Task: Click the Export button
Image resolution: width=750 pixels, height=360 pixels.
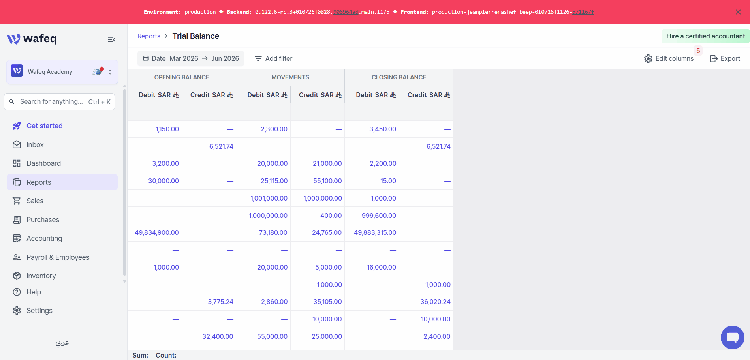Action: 725,58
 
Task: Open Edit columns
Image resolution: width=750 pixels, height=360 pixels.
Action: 669,58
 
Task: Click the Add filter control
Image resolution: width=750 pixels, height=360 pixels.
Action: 273,58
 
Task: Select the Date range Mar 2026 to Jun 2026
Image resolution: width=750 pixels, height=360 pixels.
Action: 191,58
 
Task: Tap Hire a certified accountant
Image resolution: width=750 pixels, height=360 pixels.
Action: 705,36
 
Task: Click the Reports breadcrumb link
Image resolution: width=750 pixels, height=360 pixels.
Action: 149,36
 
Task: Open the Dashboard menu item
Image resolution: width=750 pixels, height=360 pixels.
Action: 43,163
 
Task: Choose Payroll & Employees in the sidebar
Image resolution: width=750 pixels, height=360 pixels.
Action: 58,257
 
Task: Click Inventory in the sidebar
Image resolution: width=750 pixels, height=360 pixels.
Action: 41,276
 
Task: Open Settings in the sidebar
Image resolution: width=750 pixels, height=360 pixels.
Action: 39,311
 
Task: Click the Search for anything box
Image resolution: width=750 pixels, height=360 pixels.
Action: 59,101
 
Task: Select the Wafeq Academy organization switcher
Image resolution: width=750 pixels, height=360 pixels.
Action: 62,72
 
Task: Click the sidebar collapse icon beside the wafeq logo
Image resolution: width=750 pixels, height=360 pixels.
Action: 111,39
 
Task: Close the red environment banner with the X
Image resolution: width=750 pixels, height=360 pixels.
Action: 738,12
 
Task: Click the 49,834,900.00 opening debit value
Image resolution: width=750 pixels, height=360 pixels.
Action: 157,232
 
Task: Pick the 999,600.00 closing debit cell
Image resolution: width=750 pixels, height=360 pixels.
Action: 379,216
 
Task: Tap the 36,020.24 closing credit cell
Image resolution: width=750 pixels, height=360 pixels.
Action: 435,302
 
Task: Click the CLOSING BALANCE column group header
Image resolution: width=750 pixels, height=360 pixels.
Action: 399,77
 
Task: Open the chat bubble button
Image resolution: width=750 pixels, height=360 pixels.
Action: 732,337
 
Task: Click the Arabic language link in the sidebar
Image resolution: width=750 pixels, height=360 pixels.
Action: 62,343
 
